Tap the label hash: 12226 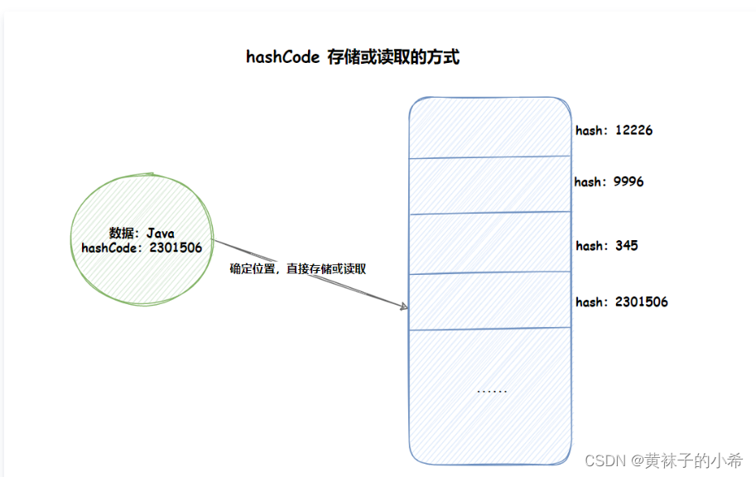coord(614,130)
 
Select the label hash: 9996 coord(609,181)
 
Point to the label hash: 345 coord(606,245)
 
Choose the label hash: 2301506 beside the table coord(621,301)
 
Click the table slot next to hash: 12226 coord(489,128)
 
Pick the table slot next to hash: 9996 coord(489,184)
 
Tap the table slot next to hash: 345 coord(489,243)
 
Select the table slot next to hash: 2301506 coord(489,301)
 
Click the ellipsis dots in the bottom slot coord(492,391)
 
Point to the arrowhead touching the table coord(405,306)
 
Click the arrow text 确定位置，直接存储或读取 coord(297,269)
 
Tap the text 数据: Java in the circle coord(142,234)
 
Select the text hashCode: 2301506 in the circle coord(142,247)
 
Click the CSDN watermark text coord(603,460)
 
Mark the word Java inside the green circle coord(160,234)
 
